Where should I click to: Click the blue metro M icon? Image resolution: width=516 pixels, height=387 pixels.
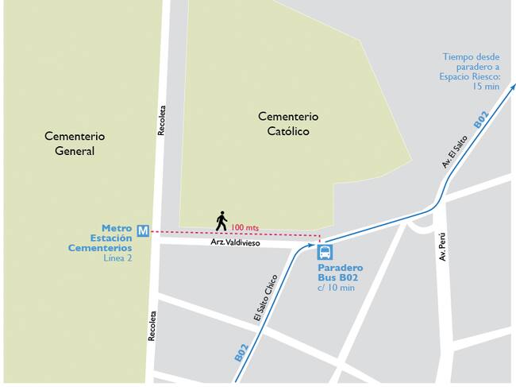143,231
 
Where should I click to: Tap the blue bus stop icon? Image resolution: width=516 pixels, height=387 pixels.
325,253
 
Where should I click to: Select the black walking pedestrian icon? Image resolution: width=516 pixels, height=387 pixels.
221,221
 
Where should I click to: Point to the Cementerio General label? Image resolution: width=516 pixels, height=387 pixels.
75,144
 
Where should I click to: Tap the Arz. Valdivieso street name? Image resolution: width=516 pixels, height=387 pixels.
235,242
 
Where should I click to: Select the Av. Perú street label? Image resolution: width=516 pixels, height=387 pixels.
443,247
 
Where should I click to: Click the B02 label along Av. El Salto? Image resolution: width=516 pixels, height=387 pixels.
481,119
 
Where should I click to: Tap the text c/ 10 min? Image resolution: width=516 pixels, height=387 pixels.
336,287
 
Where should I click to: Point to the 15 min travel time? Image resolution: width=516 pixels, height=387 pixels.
486,87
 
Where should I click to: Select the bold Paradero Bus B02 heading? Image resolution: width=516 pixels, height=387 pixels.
340,273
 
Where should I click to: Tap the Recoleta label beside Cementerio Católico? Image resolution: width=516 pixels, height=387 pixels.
161,120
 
